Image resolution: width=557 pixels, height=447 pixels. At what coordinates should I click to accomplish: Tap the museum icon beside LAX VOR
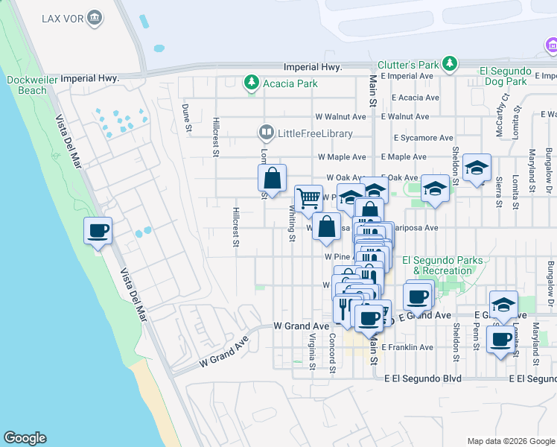95,17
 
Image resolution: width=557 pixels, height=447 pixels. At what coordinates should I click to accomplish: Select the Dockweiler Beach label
27,85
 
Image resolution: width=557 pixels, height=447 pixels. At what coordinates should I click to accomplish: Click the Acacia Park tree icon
252,83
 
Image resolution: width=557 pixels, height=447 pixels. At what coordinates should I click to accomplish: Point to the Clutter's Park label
408,65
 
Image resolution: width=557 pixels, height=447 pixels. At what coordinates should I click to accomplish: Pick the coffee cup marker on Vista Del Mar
98,231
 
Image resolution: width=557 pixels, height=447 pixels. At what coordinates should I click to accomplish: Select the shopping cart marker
308,199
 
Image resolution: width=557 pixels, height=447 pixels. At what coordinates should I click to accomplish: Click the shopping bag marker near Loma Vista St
273,179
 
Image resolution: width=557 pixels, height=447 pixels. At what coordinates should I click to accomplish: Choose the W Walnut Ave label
340,117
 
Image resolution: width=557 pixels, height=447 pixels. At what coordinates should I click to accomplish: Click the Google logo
25,438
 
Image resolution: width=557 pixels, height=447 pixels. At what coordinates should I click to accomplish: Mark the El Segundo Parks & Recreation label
442,265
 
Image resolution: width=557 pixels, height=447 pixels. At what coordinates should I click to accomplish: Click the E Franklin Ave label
407,347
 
